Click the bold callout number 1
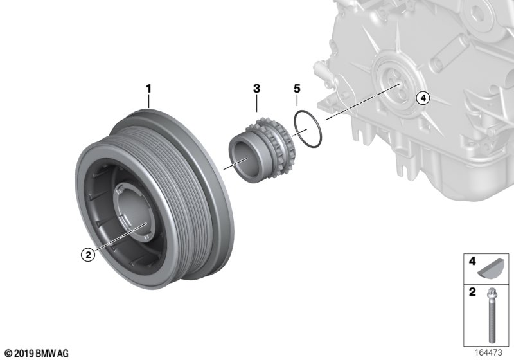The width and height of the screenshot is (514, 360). tap(148, 89)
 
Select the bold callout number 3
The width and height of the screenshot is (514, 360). tap(256, 89)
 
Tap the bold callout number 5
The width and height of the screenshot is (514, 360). tap(297, 89)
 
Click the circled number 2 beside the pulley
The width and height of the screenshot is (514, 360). tap(88, 254)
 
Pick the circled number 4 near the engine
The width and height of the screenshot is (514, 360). tap(423, 98)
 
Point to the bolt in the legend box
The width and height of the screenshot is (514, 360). tap(491, 315)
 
